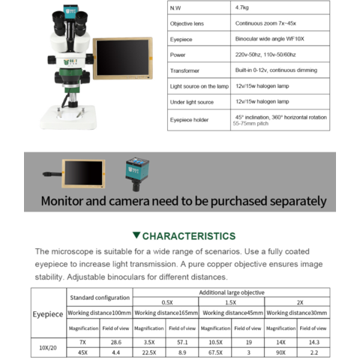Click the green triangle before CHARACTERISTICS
(136, 235)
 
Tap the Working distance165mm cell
(166, 313)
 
